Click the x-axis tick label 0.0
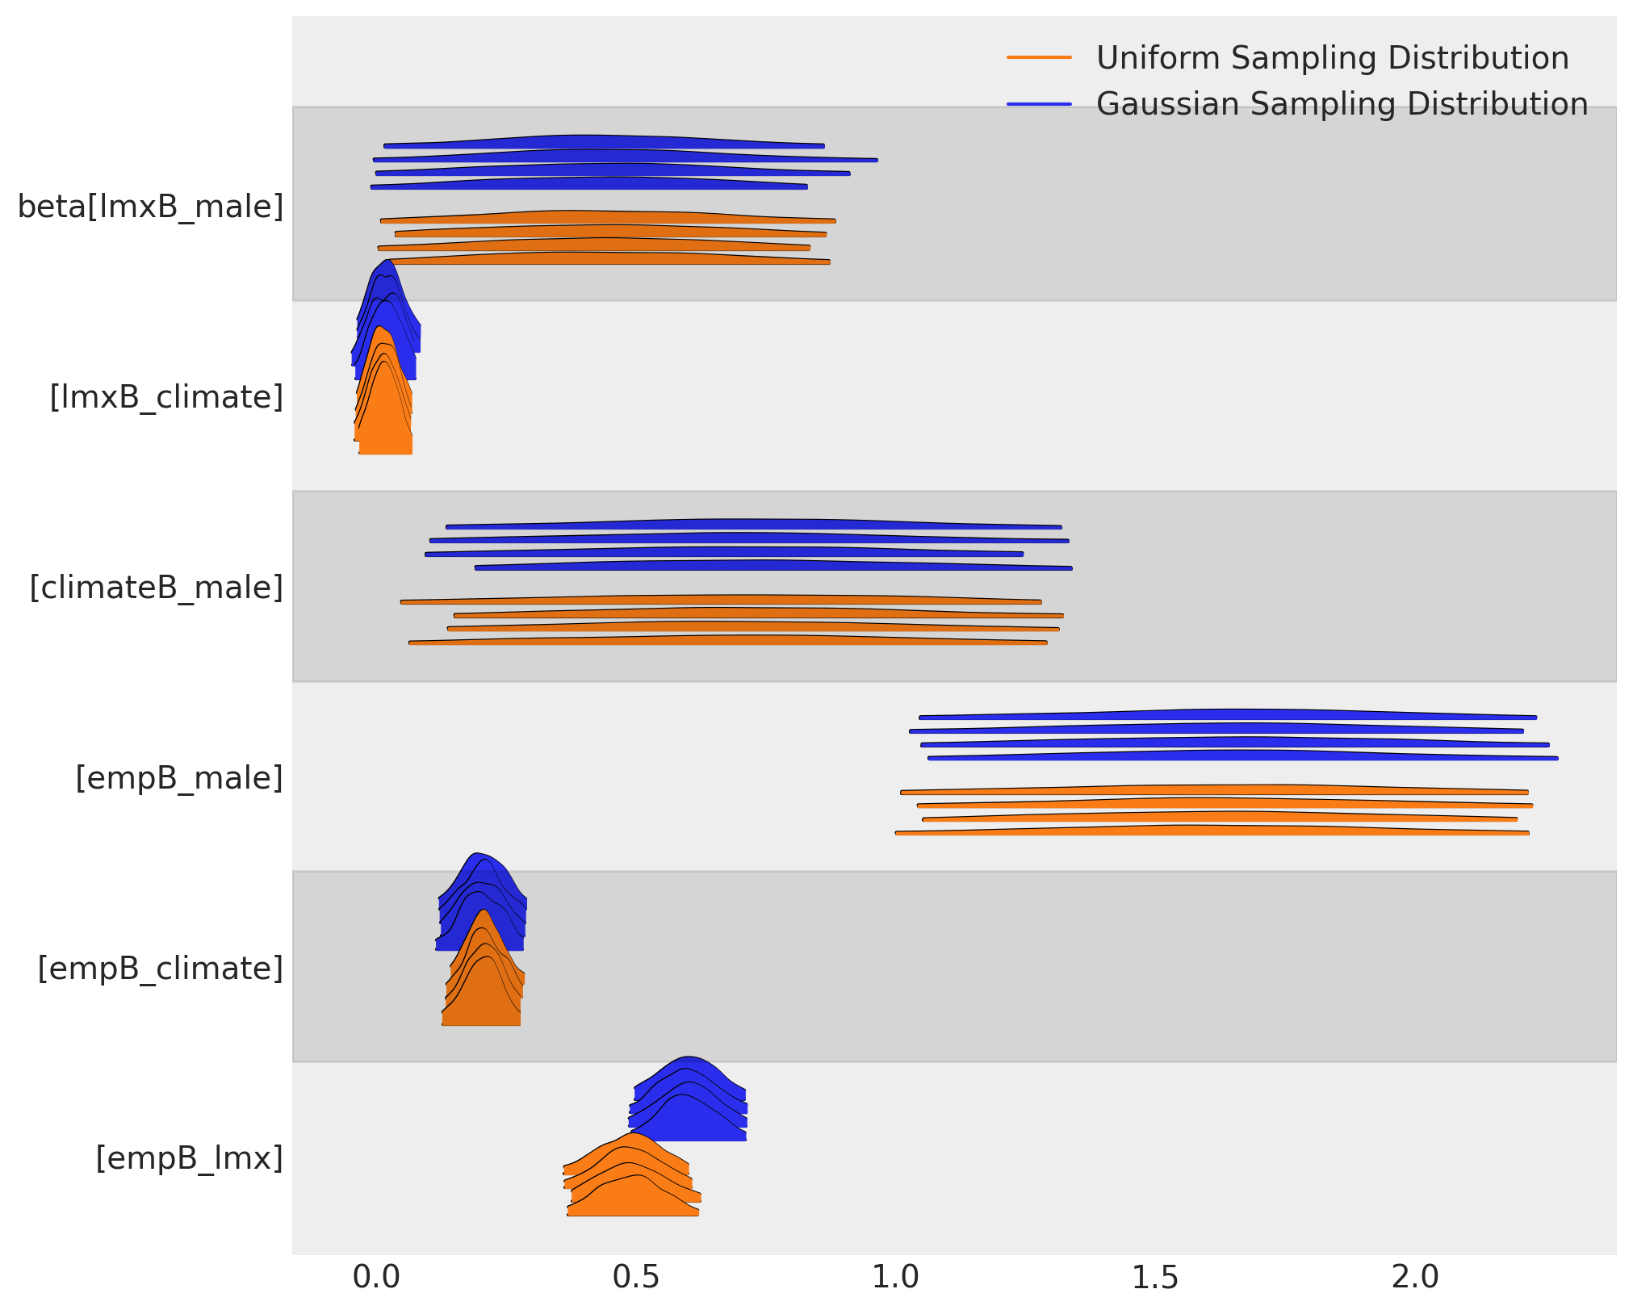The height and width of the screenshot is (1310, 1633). tap(376, 1277)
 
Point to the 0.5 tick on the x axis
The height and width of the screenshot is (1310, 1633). tap(636, 1277)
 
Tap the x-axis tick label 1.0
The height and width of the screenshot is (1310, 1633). tap(896, 1277)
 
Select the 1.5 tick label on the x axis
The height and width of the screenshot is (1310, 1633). tap(1156, 1277)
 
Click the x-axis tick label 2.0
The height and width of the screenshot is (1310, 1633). tap(1416, 1277)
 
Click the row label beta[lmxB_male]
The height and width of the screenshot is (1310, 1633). tap(151, 207)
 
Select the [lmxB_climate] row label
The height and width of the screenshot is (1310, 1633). tap(166, 397)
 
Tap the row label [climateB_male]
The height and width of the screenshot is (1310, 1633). tap(157, 588)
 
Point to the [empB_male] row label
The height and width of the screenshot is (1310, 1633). tap(179, 778)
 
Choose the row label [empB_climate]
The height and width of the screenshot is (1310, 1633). tap(161, 969)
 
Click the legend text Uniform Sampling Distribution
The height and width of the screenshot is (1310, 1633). tap(1332, 58)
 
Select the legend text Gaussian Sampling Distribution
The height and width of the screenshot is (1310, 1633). tap(1342, 104)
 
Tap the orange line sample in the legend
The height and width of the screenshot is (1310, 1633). tap(1039, 58)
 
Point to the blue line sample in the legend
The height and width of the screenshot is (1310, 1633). tap(1039, 104)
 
